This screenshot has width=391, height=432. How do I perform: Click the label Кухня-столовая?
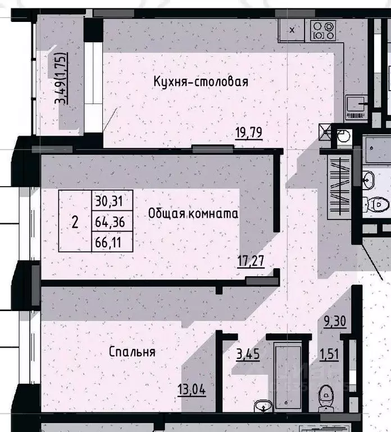[x=201, y=82]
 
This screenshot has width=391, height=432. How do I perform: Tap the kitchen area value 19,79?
[x=249, y=133]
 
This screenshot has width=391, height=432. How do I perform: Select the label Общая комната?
[x=193, y=214]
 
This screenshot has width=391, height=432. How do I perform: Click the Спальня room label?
[x=132, y=352]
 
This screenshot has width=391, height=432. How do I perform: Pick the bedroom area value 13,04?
[x=192, y=389]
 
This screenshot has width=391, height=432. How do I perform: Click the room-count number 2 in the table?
[x=75, y=222]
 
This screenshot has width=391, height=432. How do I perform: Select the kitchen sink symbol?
[x=356, y=104]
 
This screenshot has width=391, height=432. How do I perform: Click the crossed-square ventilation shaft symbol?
[x=326, y=132]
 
